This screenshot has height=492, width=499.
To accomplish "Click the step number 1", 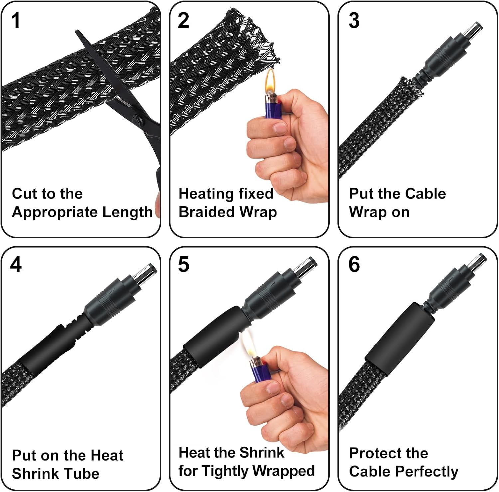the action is pos(16,20).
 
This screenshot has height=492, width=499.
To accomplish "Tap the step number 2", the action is pos(183,20).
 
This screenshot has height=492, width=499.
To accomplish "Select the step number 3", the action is pos(354,20).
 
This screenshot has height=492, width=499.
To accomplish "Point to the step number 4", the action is pos(16,265).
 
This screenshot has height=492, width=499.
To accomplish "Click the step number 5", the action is pos(183,265).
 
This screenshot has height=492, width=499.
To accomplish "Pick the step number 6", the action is pos(354,265).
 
